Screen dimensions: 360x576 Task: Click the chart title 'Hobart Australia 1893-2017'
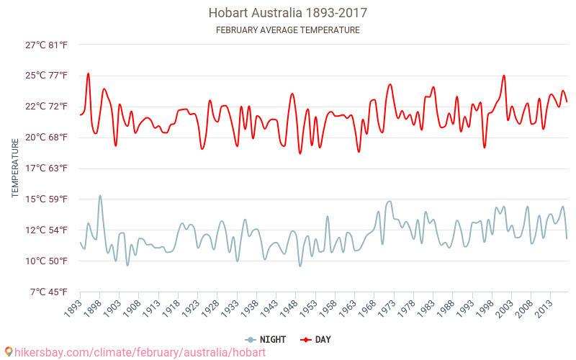pos(288,13)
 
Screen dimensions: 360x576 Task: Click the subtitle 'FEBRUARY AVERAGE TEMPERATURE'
pos(288,30)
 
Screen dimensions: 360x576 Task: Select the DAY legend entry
pos(316,339)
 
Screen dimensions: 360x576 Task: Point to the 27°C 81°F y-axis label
pos(47,45)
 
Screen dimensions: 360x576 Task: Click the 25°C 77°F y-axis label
pos(47,76)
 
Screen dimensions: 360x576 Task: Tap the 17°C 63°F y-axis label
pos(47,168)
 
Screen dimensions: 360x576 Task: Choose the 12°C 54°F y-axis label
pos(47,230)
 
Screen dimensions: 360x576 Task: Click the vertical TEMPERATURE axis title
pos(15,168)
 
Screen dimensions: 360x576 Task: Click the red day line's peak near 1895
pos(89,73)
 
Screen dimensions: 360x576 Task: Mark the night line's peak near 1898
pos(100,196)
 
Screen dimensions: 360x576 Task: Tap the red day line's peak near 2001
pos(504,76)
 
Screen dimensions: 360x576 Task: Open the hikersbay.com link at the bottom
pos(140,352)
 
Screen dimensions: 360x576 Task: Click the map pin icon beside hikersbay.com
pos(9,352)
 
